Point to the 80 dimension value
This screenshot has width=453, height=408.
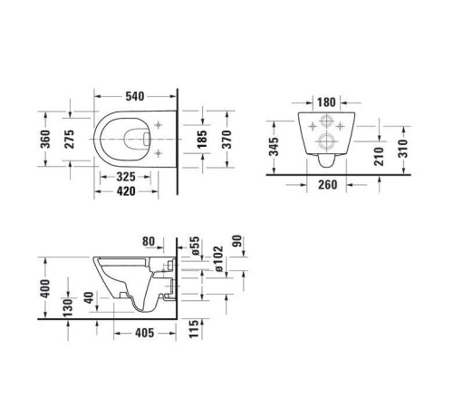[x=150, y=241]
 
